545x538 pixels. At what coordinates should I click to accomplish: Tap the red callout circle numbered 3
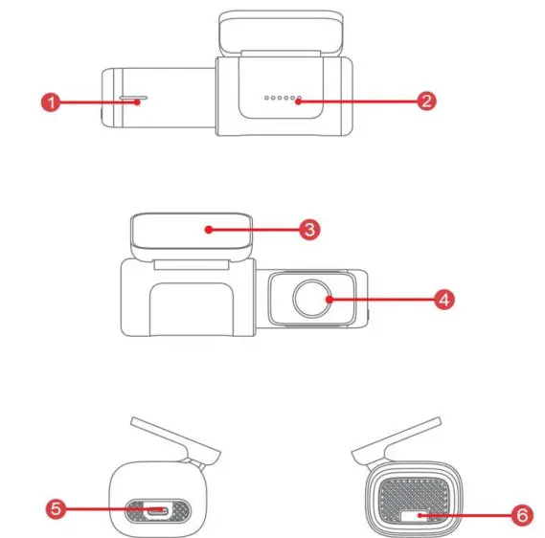click(309, 230)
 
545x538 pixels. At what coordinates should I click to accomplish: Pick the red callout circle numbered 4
click(443, 299)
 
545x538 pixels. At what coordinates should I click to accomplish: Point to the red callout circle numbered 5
click(57, 508)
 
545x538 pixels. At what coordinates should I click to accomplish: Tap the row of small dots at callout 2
click(283, 99)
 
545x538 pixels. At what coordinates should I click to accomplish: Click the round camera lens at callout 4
click(312, 299)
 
